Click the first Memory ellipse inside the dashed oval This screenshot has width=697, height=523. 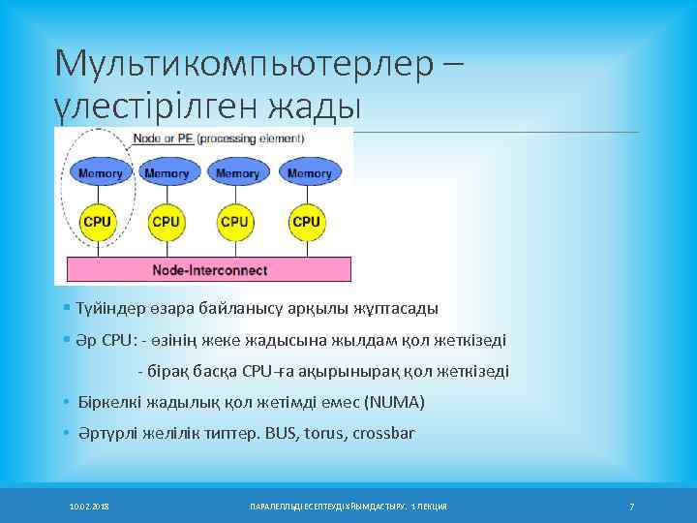click(x=100, y=173)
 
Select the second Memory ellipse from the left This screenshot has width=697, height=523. click(x=167, y=173)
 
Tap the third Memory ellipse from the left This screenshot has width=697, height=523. click(x=237, y=173)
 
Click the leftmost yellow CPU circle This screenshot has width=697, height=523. click(x=98, y=222)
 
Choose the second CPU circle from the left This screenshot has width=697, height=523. click(x=167, y=222)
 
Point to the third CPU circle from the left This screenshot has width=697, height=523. click(x=235, y=222)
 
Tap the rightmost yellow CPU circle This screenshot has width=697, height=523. click(x=306, y=222)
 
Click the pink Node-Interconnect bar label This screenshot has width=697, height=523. click(x=210, y=269)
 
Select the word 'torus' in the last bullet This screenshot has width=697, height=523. click(x=323, y=433)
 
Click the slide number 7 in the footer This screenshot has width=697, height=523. click(x=631, y=507)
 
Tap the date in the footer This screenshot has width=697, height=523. click(x=89, y=507)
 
